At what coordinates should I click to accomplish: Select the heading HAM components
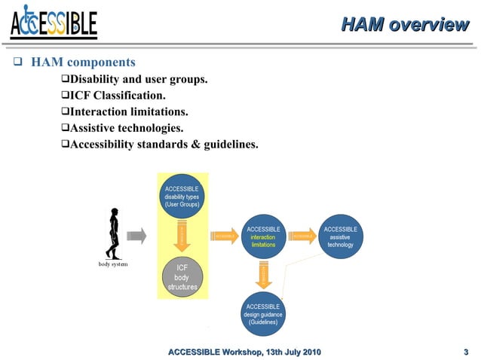point(82,62)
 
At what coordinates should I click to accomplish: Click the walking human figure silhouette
point(113,233)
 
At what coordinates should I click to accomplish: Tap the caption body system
point(114,265)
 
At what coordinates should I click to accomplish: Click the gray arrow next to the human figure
point(136,236)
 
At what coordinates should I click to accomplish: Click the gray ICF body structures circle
point(182,277)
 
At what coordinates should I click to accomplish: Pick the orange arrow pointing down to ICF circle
point(182,236)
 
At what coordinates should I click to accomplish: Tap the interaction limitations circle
point(263,236)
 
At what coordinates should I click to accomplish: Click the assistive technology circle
point(340,236)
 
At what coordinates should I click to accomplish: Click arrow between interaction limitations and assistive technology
point(302,236)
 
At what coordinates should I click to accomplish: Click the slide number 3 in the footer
point(466,352)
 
